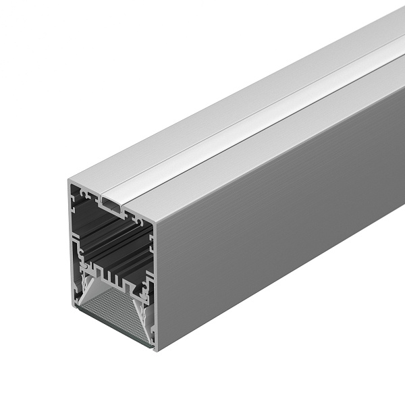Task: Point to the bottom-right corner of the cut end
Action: pos(155,350)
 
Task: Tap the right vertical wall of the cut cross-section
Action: pos(153,283)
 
